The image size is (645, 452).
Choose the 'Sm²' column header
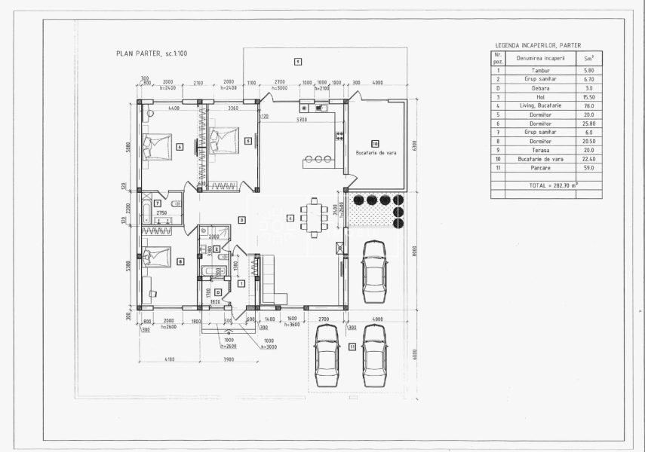[x=588, y=57]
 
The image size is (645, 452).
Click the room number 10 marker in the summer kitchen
[x=374, y=142]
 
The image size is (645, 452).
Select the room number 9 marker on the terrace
[x=298, y=60]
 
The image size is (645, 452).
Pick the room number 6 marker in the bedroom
[x=179, y=147]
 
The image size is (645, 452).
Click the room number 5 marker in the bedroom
[x=248, y=140]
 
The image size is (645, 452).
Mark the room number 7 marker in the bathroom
[x=157, y=203]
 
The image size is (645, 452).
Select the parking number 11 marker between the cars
[x=352, y=347]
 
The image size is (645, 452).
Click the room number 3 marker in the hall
[x=241, y=220]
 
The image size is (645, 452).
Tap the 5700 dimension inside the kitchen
[x=301, y=120]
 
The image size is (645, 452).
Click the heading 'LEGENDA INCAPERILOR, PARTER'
[x=538, y=45]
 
